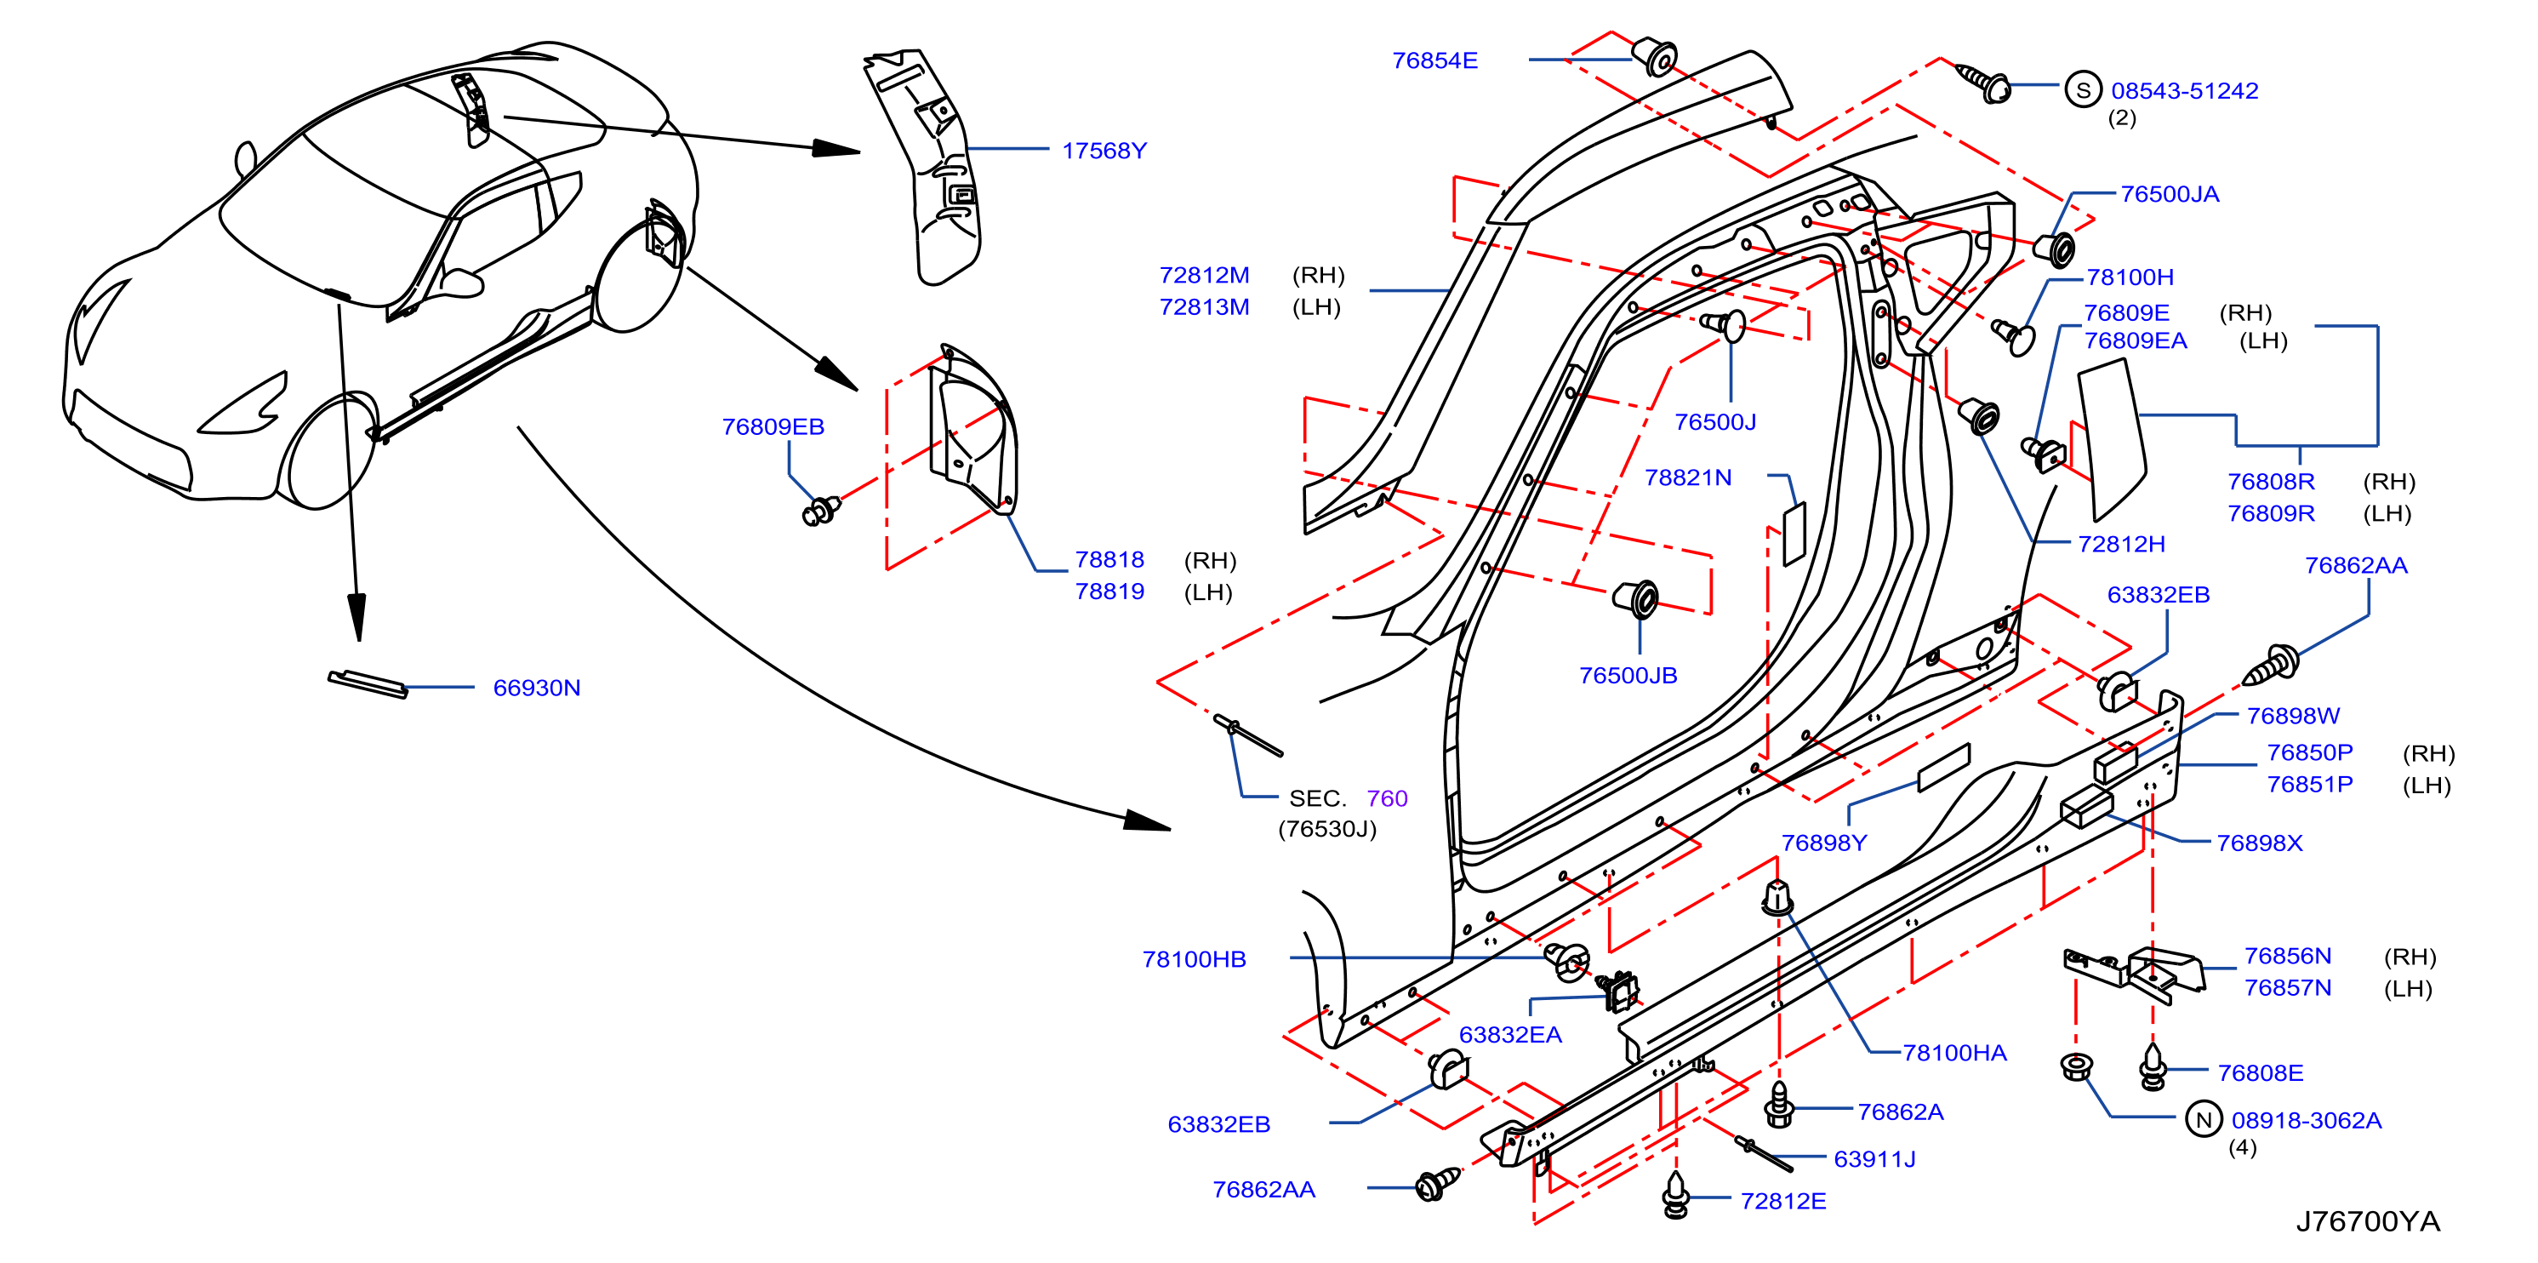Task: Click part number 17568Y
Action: click(x=1104, y=151)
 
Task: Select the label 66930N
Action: click(x=536, y=688)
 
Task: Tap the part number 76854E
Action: click(x=1434, y=60)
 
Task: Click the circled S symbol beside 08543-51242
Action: click(x=2083, y=90)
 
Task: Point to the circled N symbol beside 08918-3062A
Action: click(x=2203, y=1119)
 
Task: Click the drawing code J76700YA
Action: click(x=2368, y=1221)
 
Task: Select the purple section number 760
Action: click(x=1386, y=798)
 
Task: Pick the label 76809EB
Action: click(x=773, y=426)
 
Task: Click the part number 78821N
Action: click(x=1688, y=477)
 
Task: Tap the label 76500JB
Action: click(x=1628, y=675)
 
